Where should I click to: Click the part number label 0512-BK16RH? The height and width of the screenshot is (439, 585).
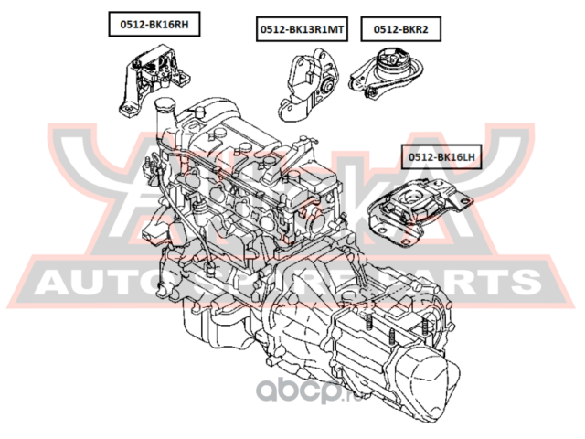[x=148, y=27]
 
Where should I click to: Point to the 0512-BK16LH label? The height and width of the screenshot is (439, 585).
[x=442, y=157]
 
